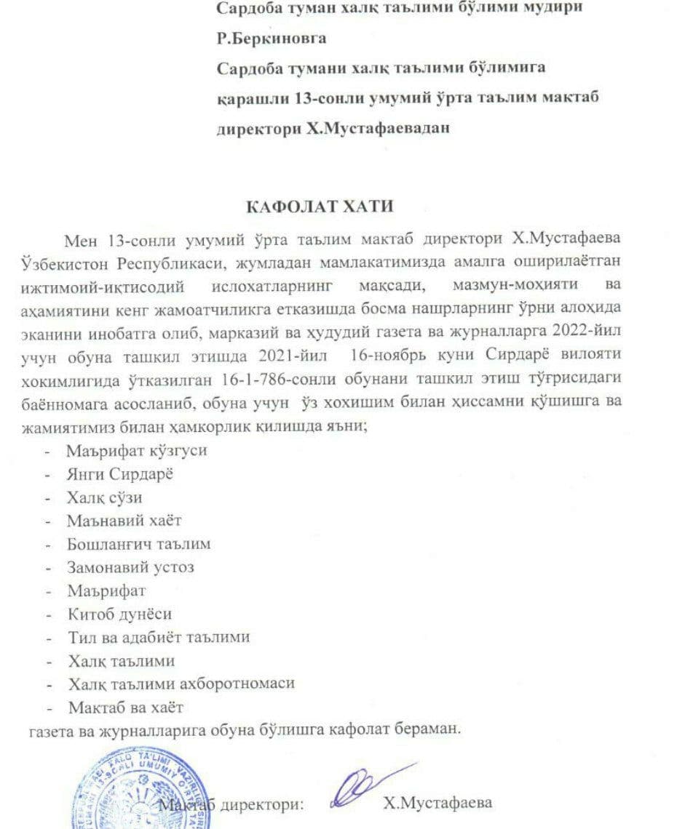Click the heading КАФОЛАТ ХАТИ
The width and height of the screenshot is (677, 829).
pos(321,206)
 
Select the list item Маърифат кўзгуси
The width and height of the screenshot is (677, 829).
pos(137,450)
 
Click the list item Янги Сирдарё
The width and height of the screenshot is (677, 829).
pos(120,473)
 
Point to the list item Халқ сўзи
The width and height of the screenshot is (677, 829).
pos(105,497)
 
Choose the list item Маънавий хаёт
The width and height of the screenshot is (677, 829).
pos(124,521)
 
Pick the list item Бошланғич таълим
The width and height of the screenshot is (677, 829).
pos(139,543)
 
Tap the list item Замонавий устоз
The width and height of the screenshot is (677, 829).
pos(130,566)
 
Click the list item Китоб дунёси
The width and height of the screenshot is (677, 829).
pos(120,614)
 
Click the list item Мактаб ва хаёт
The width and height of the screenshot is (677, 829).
pos(125,707)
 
